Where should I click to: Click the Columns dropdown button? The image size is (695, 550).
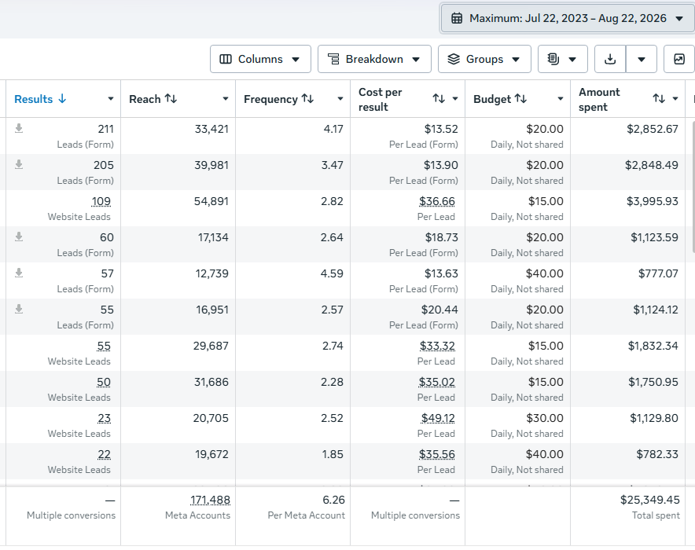[260, 59]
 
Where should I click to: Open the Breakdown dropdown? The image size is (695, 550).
[374, 59]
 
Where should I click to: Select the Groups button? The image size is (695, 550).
[484, 59]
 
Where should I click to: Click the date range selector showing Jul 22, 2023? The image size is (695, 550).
[568, 18]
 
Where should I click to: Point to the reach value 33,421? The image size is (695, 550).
[211, 129]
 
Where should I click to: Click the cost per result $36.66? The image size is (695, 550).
[437, 201]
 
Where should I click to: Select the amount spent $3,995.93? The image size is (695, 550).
[652, 201]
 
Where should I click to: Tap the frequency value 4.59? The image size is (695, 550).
[332, 273]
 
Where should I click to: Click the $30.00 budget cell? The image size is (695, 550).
[545, 418]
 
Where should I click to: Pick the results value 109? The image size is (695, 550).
[101, 201]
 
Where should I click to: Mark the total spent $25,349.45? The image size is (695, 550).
[649, 500]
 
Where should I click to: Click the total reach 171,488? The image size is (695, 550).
[210, 500]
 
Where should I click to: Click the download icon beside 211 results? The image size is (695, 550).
[19, 128]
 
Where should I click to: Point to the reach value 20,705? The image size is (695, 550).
[211, 418]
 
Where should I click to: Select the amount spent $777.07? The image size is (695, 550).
[658, 273]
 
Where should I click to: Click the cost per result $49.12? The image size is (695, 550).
[438, 418]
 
